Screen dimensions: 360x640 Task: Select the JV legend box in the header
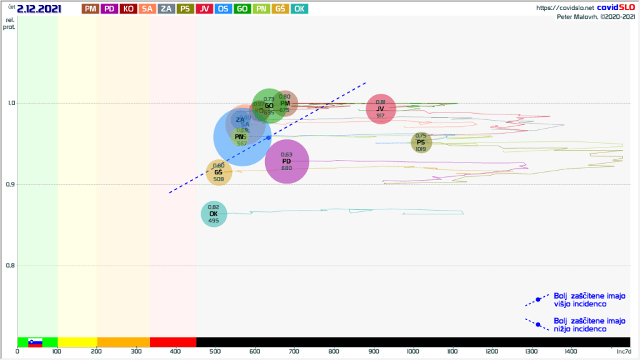click(x=204, y=9)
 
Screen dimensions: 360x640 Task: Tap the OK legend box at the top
click(x=299, y=9)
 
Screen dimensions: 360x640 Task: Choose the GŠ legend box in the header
click(x=281, y=9)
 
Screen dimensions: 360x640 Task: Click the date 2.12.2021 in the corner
click(x=39, y=8)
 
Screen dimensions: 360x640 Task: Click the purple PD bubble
click(x=287, y=161)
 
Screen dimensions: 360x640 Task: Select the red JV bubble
click(x=381, y=109)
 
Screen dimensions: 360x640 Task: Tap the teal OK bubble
click(x=214, y=214)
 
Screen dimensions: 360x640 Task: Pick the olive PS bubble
click(x=421, y=142)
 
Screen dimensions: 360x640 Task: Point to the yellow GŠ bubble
click(x=219, y=172)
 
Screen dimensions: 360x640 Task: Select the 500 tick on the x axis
click(x=215, y=351)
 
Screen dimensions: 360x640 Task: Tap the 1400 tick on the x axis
click(x=571, y=351)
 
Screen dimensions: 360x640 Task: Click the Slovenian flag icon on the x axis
click(x=35, y=342)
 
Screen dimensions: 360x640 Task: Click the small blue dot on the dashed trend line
click(x=269, y=137)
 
